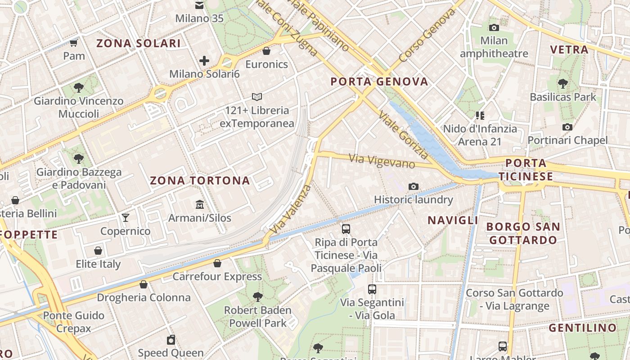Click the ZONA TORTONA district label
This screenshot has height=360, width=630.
[199, 180]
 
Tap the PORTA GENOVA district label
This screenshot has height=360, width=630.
[379, 81]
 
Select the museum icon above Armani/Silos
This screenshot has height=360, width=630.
[200, 205]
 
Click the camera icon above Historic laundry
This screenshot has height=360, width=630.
[413, 186]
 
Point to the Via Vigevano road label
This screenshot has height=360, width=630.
[382, 161]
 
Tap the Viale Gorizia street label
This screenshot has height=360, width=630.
[404, 135]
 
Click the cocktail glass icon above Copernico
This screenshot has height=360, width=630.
[126, 218]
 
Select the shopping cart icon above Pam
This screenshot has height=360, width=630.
[74, 43]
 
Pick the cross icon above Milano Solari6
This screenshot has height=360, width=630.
[204, 60]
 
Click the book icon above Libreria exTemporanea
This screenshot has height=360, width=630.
[257, 97]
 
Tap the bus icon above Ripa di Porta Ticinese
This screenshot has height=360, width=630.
[346, 229]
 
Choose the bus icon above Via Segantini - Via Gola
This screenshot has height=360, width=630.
[372, 289]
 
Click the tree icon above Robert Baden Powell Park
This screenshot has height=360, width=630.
[258, 297]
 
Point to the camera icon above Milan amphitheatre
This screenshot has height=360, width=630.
[494, 27]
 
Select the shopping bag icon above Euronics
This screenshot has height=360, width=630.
[266, 51]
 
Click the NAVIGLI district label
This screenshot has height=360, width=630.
[453, 220]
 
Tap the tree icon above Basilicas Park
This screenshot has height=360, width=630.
[562, 83]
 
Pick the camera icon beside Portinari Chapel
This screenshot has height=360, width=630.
[567, 127]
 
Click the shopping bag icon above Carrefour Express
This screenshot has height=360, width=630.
[217, 263]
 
